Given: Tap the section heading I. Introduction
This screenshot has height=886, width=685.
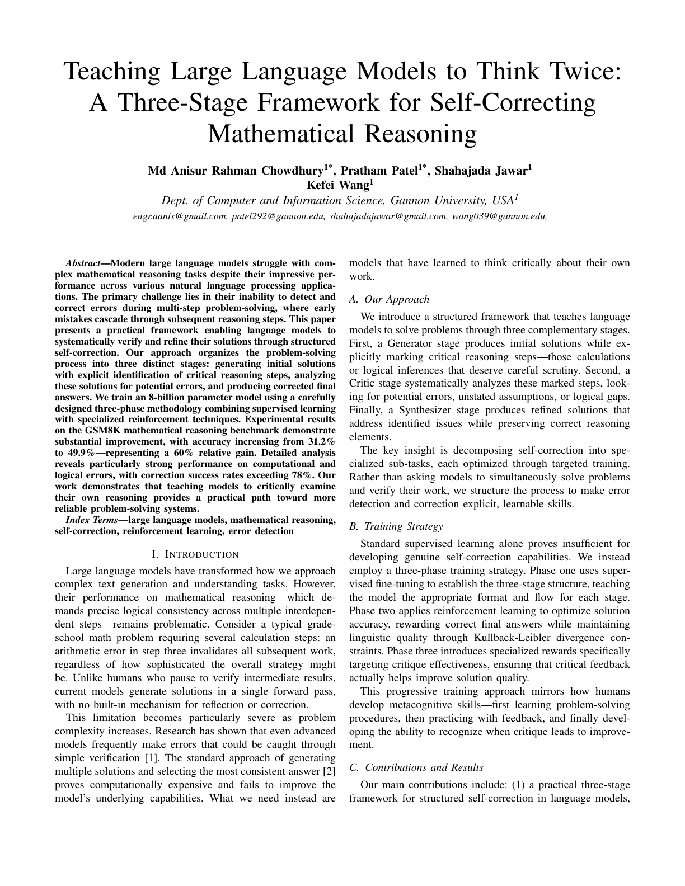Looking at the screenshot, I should click(x=195, y=554).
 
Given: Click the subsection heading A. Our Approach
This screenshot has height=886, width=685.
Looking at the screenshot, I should click(x=389, y=299).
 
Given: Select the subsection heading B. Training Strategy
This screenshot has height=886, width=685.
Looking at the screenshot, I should click(x=395, y=526).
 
